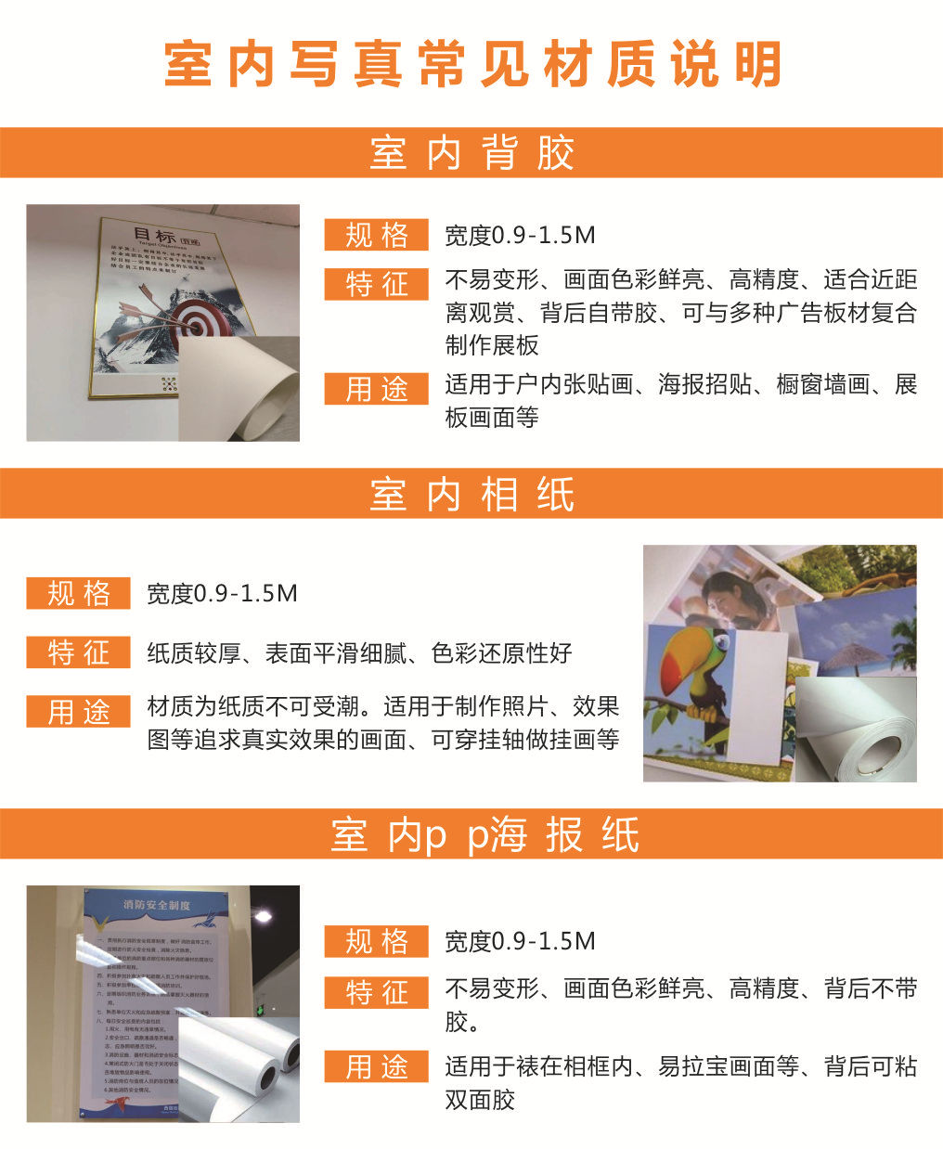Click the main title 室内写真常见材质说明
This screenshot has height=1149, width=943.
(471, 65)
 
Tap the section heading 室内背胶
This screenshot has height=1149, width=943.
(471, 152)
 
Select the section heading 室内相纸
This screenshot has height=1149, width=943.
(471, 494)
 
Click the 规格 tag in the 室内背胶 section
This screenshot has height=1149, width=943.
(376, 235)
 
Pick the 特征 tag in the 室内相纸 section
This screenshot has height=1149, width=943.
(78, 652)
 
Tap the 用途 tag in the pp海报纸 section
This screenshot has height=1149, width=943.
(376, 1065)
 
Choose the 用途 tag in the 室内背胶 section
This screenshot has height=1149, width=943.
(376, 389)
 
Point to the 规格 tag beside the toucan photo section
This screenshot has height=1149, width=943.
(78, 593)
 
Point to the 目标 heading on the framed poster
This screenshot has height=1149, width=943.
(154, 235)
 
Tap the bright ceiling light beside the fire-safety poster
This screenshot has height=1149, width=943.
(264, 917)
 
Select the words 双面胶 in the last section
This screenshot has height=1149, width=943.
(480, 1100)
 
